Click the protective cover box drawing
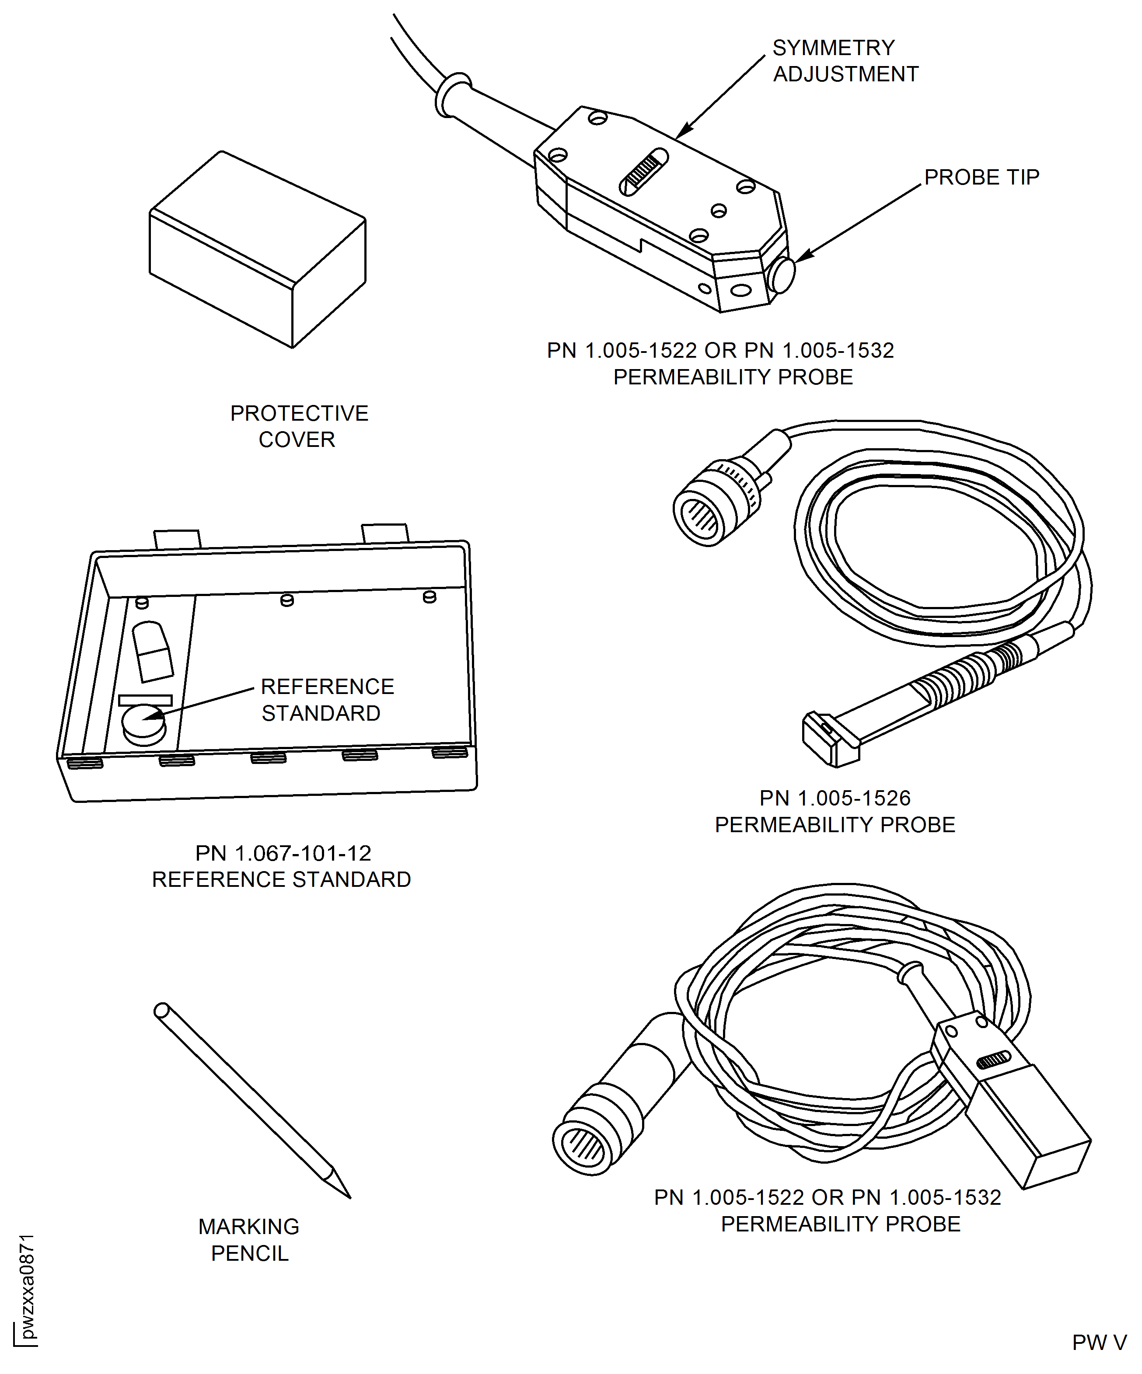coord(257,249)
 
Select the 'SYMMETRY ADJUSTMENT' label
coord(845,61)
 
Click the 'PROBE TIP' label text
coord(981,177)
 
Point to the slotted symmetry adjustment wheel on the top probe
coord(643,171)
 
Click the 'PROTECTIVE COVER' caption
coord(299,426)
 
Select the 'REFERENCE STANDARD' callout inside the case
coord(327,699)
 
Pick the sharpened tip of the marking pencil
coord(351,1198)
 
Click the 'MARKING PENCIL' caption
coord(249,1239)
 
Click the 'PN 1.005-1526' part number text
coord(835,798)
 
